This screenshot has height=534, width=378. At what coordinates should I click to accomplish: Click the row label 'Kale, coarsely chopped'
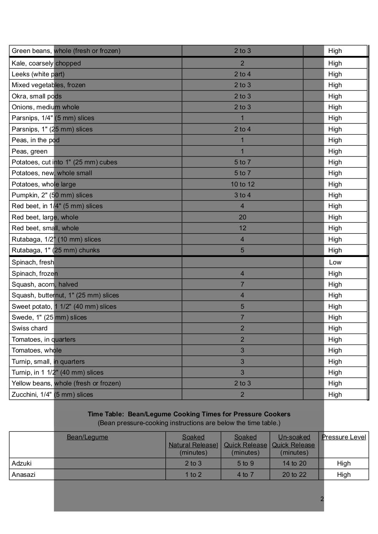pos(46,63)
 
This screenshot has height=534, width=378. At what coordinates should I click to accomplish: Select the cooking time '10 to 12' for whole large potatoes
pos(242,184)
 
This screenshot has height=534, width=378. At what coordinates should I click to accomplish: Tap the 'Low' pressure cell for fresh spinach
pos(335,262)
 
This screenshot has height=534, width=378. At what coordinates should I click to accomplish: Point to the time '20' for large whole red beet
pos(242,217)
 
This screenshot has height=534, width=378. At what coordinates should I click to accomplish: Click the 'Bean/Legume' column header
pos(87,437)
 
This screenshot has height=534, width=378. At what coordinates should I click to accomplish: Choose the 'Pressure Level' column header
pos(343,437)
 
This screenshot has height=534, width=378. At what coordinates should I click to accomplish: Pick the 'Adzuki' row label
pos(22,463)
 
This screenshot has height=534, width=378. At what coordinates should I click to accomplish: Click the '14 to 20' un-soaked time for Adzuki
pos(294,463)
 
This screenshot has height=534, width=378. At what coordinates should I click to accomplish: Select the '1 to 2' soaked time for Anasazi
pos(193,475)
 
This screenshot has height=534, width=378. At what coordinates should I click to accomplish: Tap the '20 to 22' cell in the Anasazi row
pos(294,475)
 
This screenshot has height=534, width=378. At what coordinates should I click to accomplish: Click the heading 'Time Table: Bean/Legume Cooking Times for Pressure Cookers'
pos(189,414)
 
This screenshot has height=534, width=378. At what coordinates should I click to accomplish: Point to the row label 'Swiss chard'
pos(30,328)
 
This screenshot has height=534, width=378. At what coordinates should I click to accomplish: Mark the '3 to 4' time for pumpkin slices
pos(242,195)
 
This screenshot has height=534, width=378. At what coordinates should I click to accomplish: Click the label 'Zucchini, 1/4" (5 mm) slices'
pos(52,395)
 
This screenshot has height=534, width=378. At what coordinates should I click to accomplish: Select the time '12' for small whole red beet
pos(242,228)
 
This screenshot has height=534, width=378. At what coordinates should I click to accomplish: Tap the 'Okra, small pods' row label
pos(37,96)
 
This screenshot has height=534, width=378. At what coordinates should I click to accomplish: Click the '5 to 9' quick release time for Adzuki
pos(245,463)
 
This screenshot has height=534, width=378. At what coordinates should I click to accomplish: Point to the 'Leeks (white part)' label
pos(38,74)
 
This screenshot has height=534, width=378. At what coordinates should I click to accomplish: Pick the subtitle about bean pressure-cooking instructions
pos(189,423)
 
